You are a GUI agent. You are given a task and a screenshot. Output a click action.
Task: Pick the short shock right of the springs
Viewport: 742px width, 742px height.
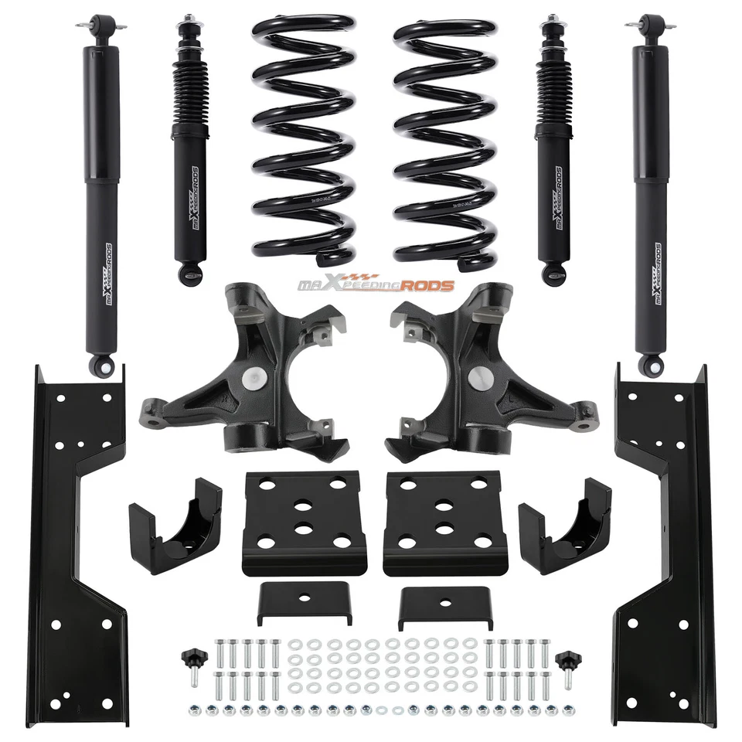(553, 155)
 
